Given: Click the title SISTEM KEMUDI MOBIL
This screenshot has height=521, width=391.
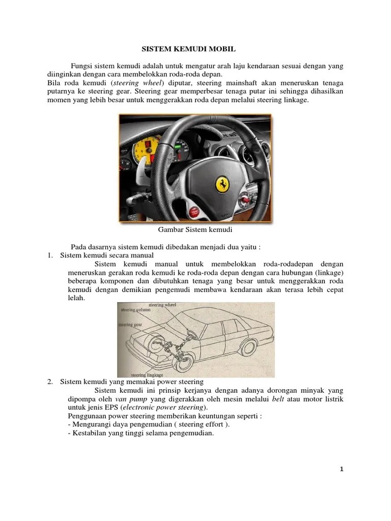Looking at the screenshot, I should tap(189, 50).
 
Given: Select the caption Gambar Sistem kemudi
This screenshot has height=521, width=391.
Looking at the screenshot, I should tap(195, 230).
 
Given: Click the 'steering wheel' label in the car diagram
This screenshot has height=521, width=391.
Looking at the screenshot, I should tap(162, 305).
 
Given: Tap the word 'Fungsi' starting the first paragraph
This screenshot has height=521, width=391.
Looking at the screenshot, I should tap(82, 67).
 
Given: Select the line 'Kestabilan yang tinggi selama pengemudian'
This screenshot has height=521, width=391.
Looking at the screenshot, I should tap(138, 433).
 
